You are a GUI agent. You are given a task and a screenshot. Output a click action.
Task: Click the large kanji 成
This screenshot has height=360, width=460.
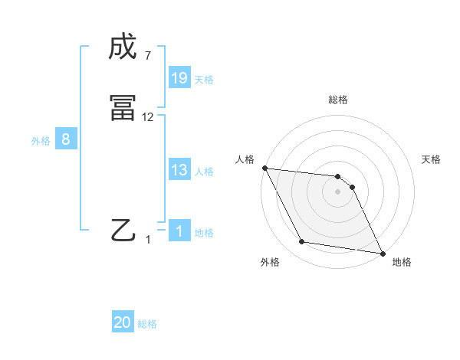point(123,47)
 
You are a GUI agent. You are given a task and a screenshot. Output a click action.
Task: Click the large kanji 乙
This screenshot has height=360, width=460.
point(123,229)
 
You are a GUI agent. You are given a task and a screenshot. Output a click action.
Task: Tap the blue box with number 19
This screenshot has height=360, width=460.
point(179,78)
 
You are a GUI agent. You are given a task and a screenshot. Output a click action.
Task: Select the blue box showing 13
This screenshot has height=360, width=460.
point(179,171)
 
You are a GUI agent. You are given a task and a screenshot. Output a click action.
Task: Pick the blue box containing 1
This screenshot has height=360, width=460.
point(179,232)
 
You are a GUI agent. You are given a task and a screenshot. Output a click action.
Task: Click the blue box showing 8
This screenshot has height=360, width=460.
point(66,140)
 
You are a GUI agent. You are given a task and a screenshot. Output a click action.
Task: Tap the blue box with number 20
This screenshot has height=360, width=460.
point(123,323)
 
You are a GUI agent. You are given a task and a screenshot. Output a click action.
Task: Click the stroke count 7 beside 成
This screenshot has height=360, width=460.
point(147,55)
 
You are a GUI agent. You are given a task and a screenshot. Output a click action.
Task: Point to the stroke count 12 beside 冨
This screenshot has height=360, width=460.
point(148,117)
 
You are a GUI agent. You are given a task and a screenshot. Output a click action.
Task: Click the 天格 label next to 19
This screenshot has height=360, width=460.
point(204,79)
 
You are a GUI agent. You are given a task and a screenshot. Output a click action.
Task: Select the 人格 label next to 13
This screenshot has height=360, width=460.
point(204,172)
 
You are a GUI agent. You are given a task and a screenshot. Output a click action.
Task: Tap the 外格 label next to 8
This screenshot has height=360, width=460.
point(41,141)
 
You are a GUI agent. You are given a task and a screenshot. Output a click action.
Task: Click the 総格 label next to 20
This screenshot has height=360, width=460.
point(147,324)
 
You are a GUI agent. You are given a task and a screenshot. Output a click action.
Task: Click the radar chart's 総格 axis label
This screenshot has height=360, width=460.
point(338,100)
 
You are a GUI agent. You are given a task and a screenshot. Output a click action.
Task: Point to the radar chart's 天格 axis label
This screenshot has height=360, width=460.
point(432,159)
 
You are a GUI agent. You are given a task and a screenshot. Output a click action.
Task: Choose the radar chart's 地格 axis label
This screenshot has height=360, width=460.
point(402,262)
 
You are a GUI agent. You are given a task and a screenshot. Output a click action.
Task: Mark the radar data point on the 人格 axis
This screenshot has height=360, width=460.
point(264,168)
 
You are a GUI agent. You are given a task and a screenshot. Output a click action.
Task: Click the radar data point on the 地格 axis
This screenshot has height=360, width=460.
point(383,252)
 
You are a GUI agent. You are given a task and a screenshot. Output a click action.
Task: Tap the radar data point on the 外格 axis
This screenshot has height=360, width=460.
point(302,242)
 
